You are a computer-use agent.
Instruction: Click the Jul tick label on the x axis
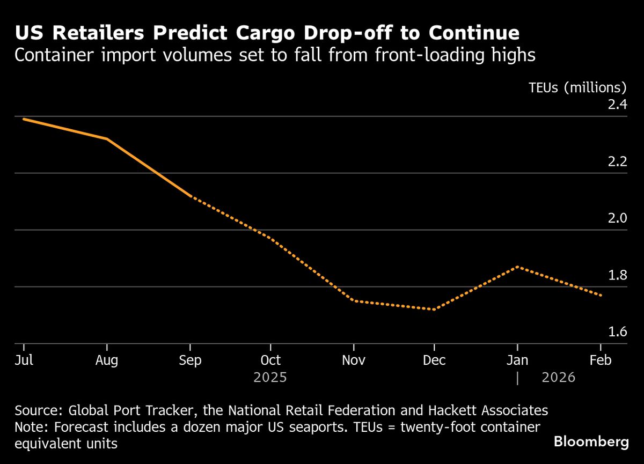[24, 360]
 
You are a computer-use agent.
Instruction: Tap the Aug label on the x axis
[107, 360]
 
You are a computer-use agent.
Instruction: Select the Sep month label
[190, 360]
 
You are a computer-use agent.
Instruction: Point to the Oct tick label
[270, 360]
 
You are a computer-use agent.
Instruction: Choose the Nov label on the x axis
[353, 360]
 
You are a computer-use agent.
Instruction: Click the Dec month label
[434, 360]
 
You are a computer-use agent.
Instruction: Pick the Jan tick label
[517, 360]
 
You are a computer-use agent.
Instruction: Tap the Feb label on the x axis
[601, 360]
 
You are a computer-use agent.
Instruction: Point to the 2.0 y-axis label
[617, 218]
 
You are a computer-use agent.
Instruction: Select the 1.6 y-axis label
[617, 332]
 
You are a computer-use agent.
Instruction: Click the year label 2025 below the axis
[270, 378]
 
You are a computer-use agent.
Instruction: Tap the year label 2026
[558, 378]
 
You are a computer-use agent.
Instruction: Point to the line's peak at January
[517, 267]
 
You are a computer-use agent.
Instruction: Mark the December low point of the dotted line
[434, 309]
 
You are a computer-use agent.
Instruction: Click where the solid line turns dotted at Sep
[191, 196]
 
